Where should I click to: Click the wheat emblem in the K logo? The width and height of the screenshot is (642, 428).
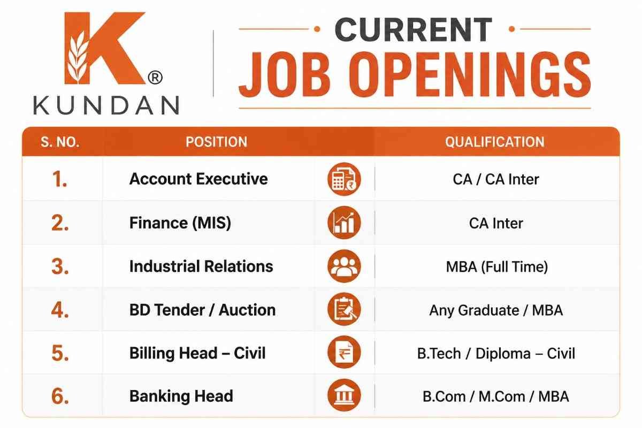77,57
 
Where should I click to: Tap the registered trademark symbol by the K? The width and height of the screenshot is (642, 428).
155,78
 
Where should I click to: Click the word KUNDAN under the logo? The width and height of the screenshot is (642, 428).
106,105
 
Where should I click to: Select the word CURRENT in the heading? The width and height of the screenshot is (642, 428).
414,29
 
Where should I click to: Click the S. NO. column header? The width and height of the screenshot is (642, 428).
60,142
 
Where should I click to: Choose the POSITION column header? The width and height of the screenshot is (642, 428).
216,142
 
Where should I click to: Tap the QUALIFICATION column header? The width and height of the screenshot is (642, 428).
495,142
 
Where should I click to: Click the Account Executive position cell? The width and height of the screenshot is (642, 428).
198,179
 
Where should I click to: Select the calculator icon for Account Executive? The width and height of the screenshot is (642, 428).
344,179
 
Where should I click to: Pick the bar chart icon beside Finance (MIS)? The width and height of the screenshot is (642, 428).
344,223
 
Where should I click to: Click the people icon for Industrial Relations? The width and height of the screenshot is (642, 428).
344,266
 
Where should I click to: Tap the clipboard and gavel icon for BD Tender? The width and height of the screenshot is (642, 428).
344,309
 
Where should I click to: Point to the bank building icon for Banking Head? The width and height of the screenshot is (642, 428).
344,395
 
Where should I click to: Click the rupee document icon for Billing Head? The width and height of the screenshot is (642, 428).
344,352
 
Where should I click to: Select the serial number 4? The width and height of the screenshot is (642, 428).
60,310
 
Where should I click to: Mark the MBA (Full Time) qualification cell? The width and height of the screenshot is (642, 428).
497,266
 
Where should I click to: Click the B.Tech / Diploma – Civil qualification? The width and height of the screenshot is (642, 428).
496,354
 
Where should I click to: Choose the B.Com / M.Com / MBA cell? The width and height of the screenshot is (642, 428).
496,397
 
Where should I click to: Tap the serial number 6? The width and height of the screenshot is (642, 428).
60,396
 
